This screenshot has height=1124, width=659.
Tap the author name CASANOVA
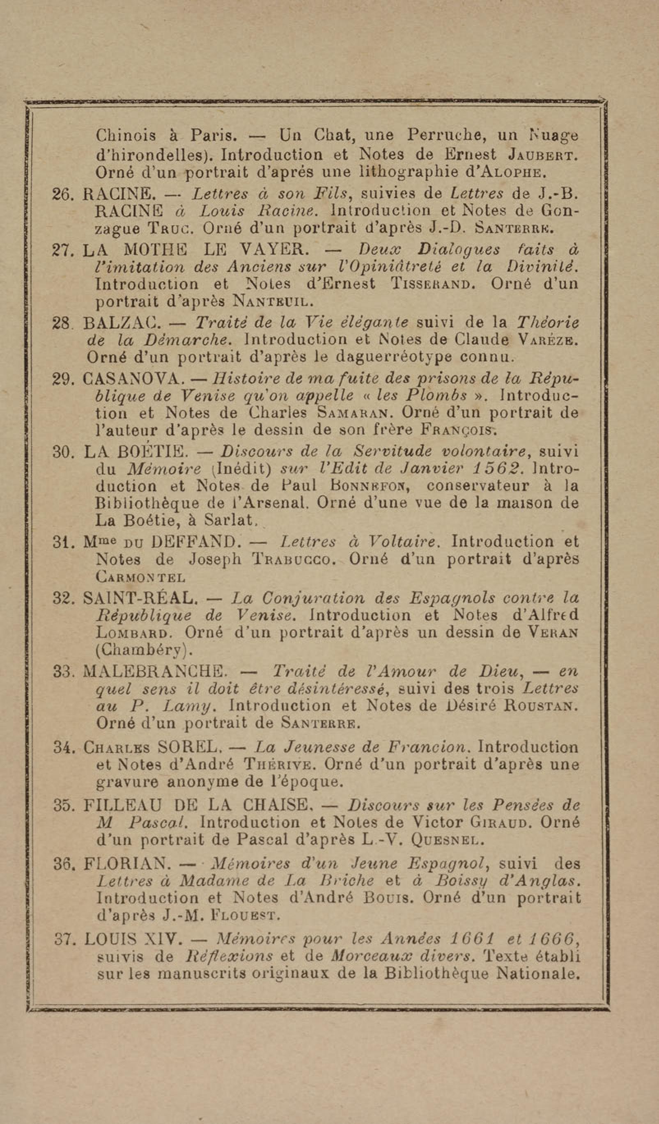click(x=133, y=380)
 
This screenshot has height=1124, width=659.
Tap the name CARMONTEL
click(x=140, y=578)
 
